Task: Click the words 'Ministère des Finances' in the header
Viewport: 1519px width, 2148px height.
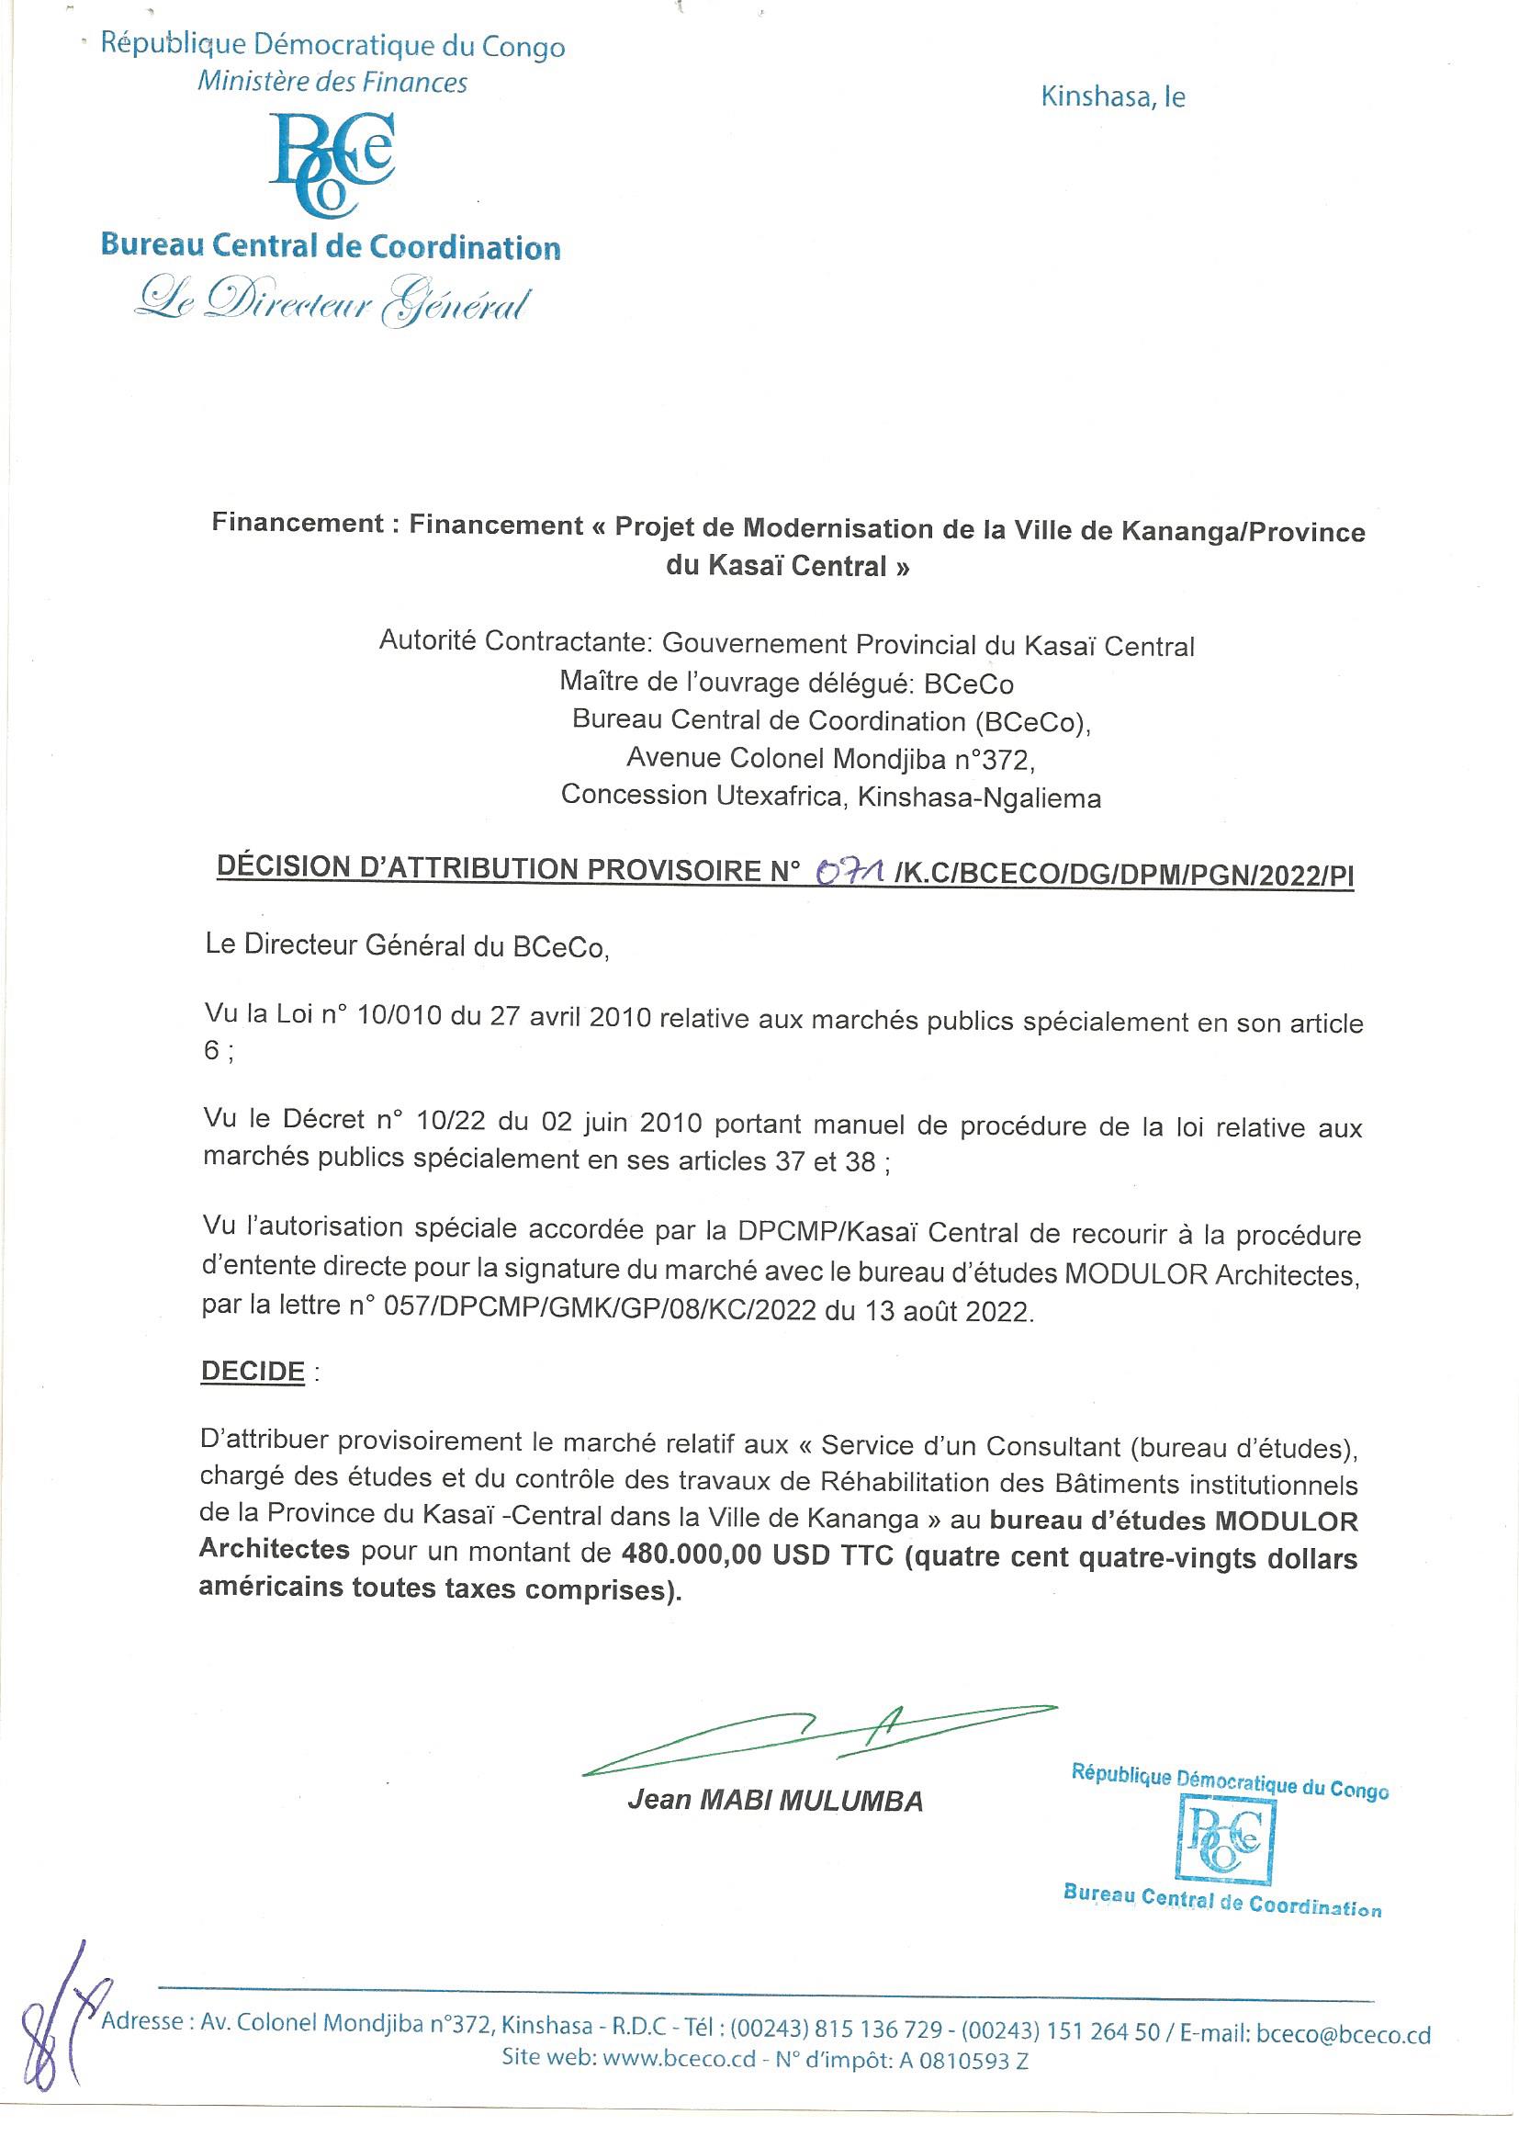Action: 332,83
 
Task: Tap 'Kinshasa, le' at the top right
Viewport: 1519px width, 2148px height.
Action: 1113,96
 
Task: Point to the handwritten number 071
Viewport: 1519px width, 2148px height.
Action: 851,873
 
